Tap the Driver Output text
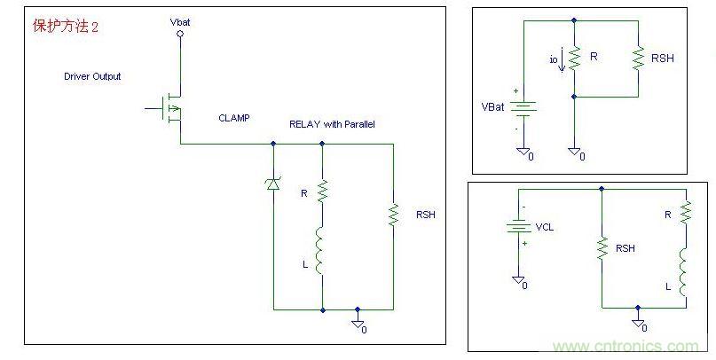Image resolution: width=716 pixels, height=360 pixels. pyautogui.click(x=92, y=76)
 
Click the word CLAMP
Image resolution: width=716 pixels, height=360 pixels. pyautogui.click(x=233, y=117)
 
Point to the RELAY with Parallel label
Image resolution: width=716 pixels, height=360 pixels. pyautogui.click(x=332, y=124)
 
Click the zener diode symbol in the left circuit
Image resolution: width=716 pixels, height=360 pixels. pyautogui.click(x=272, y=183)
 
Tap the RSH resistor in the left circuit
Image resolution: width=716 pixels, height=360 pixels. pyautogui.click(x=392, y=215)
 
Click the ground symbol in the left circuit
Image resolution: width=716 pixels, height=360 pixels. pyautogui.click(x=358, y=324)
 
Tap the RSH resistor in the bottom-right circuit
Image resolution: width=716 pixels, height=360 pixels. pyautogui.click(x=602, y=248)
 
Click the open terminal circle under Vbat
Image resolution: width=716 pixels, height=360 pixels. pyautogui.click(x=180, y=34)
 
